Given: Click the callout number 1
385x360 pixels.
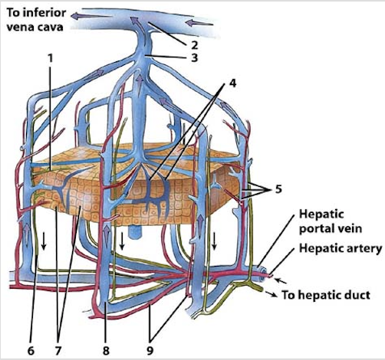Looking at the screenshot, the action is (51, 58).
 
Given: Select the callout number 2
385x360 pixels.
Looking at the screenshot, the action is (195, 45).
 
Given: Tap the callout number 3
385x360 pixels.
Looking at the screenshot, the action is (195, 58).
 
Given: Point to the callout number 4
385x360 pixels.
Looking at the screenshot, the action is (232, 83).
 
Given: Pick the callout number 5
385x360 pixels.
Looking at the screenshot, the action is (278, 189).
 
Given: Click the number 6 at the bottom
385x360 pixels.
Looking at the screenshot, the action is (31, 351).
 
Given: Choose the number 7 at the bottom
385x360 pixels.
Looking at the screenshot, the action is (58, 351).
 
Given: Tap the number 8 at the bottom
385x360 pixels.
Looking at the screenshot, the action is (106, 351).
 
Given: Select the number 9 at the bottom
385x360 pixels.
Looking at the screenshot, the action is (150, 351).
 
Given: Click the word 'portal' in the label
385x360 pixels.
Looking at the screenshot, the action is (316, 229).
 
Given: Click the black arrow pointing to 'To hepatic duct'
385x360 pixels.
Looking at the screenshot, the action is (271, 293).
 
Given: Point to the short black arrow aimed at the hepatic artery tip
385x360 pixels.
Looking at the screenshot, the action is (281, 281).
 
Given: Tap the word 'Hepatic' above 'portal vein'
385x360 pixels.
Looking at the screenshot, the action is (321, 214).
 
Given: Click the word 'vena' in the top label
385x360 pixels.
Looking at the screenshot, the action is (19, 27).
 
